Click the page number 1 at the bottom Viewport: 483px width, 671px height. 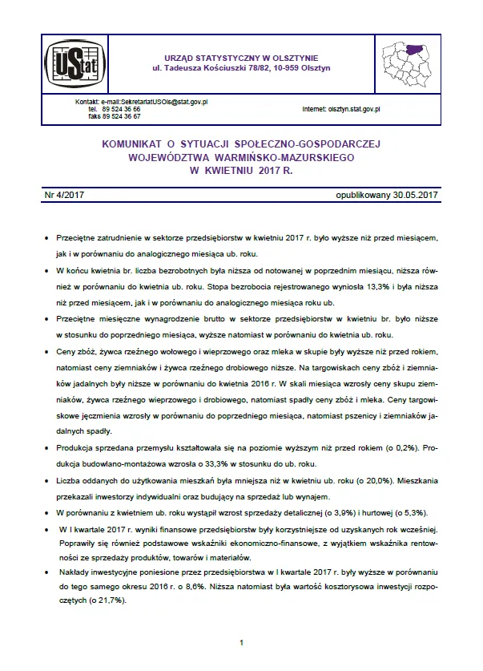pos(241,643)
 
